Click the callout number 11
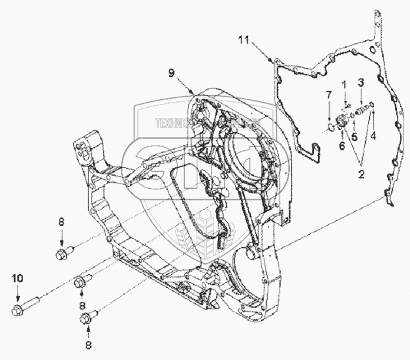(x=243, y=41)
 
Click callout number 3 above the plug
(x=359, y=82)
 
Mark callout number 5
(x=355, y=138)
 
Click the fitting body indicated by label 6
(x=341, y=120)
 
